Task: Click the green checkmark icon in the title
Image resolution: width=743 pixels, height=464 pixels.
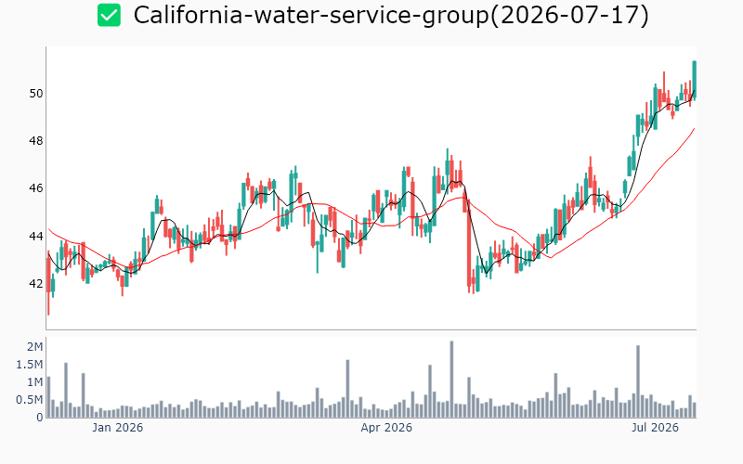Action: click(x=109, y=15)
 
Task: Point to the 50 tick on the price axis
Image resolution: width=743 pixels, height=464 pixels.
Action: click(x=36, y=94)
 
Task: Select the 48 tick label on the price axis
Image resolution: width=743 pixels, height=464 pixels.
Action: click(x=36, y=141)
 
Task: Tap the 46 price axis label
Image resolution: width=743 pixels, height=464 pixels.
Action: click(x=36, y=188)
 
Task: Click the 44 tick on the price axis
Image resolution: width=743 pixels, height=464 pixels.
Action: click(x=36, y=237)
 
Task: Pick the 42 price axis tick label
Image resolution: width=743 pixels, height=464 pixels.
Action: click(x=36, y=284)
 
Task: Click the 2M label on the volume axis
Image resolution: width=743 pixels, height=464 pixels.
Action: click(x=34, y=347)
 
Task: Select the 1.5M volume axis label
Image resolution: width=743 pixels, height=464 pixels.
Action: click(x=30, y=365)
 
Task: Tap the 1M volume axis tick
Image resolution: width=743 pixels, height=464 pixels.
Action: click(x=34, y=382)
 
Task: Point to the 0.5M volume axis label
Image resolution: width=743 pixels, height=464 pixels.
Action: click(x=30, y=400)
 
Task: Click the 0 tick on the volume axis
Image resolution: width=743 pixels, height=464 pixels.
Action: click(x=40, y=418)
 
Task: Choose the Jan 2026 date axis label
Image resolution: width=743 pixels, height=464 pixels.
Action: click(x=118, y=428)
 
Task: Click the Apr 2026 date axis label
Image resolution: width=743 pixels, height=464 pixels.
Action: click(x=386, y=428)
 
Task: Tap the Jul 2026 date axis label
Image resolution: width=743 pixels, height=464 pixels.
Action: click(x=655, y=428)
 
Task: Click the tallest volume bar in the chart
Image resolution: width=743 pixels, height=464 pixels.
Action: click(x=451, y=380)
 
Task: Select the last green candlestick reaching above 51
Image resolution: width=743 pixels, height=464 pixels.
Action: click(x=694, y=79)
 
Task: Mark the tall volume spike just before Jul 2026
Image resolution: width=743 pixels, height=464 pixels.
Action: click(x=638, y=381)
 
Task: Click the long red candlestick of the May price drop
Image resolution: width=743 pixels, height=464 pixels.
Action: click(x=469, y=243)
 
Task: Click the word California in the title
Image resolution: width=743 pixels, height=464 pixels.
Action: click(x=189, y=15)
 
